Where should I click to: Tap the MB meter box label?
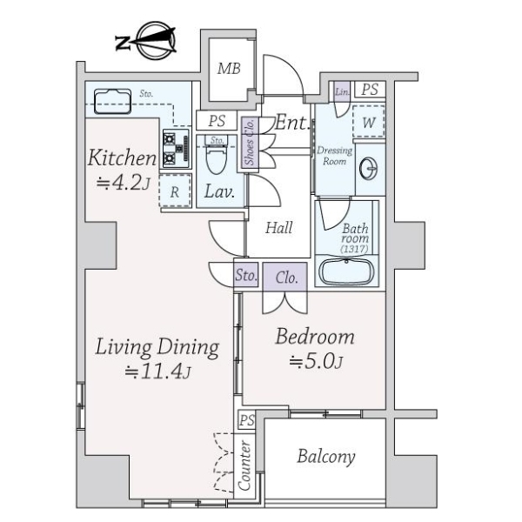click(x=229, y=69)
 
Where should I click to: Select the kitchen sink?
click(x=112, y=101)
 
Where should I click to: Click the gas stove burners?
click(x=176, y=149)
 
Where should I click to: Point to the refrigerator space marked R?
click(x=175, y=191)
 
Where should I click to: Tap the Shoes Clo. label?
click(x=250, y=142)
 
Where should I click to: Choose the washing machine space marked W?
click(x=369, y=122)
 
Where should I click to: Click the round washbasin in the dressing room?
click(x=369, y=169)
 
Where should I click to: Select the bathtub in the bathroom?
click(x=346, y=271)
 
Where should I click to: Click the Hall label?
click(x=279, y=228)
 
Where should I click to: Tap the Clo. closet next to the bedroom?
click(x=285, y=277)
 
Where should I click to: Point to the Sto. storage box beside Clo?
click(x=245, y=275)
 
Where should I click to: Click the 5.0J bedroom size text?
click(x=315, y=362)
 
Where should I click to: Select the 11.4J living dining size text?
click(x=157, y=371)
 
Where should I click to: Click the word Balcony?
click(x=326, y=457)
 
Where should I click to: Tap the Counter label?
click(x=244, y=465)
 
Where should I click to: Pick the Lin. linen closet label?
click(x=342, y=91)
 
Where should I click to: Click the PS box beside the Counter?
click(x=247, y=420)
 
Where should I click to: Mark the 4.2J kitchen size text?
click(x=124, y=183)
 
